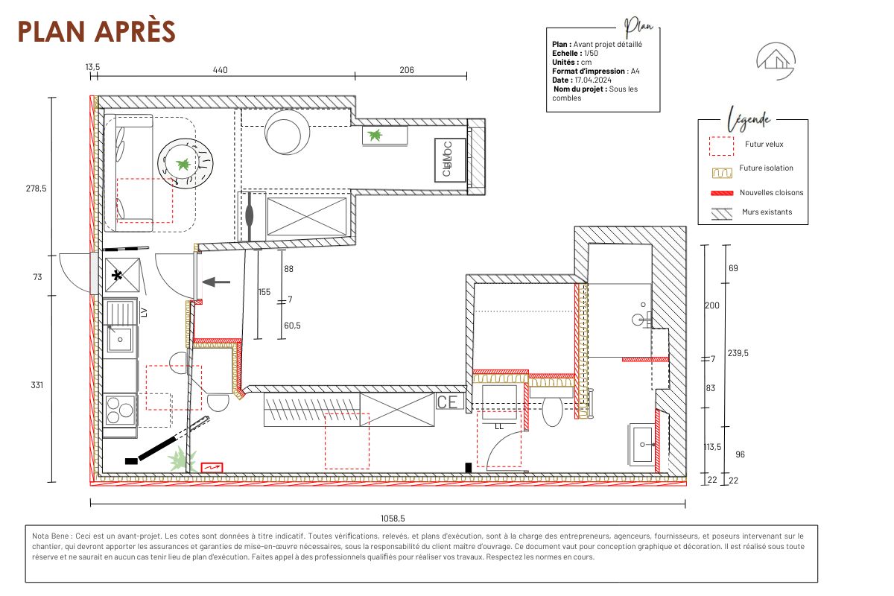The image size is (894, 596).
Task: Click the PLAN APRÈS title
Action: (96, 31)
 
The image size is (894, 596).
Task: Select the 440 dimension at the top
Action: (220, 70)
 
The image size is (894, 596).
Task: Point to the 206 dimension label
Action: (406, 70)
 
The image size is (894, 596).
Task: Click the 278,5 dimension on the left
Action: (35, 189)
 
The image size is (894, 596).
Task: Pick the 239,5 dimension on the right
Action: (738, 353)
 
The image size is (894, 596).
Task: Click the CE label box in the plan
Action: (448, 402)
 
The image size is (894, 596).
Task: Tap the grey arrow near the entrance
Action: (217, 282)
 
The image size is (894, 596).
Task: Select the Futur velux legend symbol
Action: (721, 145)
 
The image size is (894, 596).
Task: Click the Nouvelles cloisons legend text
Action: (772, 192)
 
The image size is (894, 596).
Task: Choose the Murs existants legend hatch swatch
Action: (721, 212)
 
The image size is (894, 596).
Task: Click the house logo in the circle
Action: (776, 60)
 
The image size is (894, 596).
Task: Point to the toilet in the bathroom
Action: (552, 410)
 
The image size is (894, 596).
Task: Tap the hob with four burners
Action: (119, 410)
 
